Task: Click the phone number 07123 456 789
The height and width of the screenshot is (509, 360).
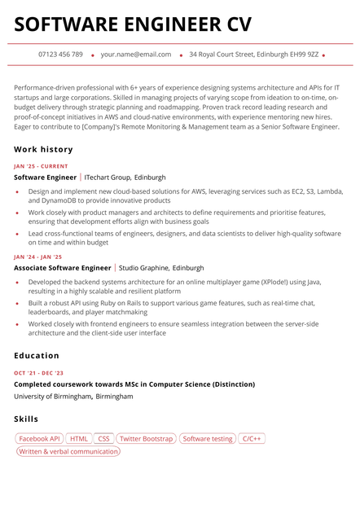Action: [x=60, y=55]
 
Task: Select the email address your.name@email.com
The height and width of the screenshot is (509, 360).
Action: [x=136, y=55]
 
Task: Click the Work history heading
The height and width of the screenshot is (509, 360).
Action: [x=43, y=149]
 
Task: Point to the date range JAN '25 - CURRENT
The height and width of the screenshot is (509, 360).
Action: [x=41, y=166]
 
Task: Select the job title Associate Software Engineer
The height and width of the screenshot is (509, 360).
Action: [x=62, y=267]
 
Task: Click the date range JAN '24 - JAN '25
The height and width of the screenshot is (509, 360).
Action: [x=37, y=257]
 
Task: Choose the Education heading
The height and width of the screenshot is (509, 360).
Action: [x=37, y=355]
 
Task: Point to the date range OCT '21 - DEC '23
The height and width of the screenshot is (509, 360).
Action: [x=38, y=373]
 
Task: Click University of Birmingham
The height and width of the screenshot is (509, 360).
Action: [x=52, y=397]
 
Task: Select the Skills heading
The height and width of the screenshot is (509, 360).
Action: [x=26, y=419]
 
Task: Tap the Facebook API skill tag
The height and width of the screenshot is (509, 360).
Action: [x=40, y=439]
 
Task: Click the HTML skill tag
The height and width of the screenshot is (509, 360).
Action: [x=79, y=439]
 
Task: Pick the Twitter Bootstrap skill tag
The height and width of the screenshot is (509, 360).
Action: [x=147, y=439]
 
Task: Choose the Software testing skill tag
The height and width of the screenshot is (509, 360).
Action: [x=208, y=439]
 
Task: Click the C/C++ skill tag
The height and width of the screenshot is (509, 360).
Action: [x=252, y=439]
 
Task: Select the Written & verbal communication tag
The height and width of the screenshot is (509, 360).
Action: [x=68, y=451]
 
